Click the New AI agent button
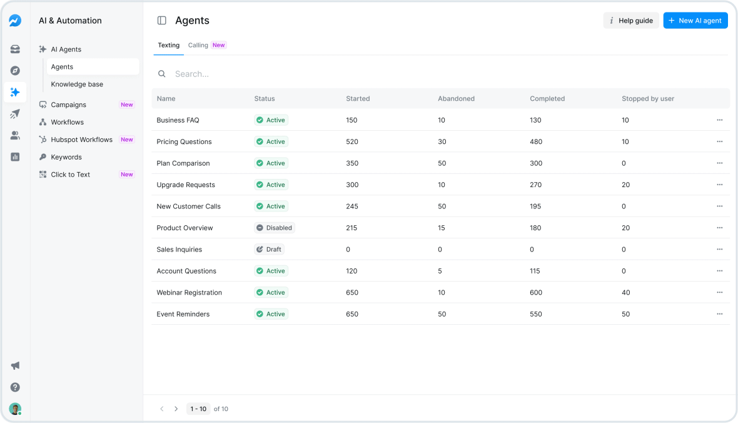pyautogui.click(x=695, y=21)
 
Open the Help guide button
pyautogui.click(x=630, y=21)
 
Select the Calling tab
pyautogui.click(x=198, y=45)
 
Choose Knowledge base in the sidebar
pyautogui.click(x=77, y=84)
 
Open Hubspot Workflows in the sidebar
pyautogui.click(x=81, y=140)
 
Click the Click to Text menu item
pyautogui.click(x=70, y=175)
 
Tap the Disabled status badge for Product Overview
pyautogui.click(x=274, y=228)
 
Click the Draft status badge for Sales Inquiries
pyautogui.click(x=270, y=249)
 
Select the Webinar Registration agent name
pyautogui.click(x=189, y=292)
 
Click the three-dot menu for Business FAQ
pyautogui.click(x=719, y=120)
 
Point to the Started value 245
pyautogui.click(x=352, y=206)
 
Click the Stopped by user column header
pyautogui.click(x=647, y=99)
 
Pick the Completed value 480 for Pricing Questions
pyautogui.click(x=536, y=141)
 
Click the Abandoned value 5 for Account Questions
pyautogui.click(x=440, y=271)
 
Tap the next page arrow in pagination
pyautogui.click(x=176, y=409)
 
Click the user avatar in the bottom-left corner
pyautogui.click(x=15, y=409)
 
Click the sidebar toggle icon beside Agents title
pyautogui.click(x=162, y=21)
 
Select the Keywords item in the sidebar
pyautogui.click(x=66, y=157)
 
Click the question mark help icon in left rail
pyautogui.click(x=15, y=387)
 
